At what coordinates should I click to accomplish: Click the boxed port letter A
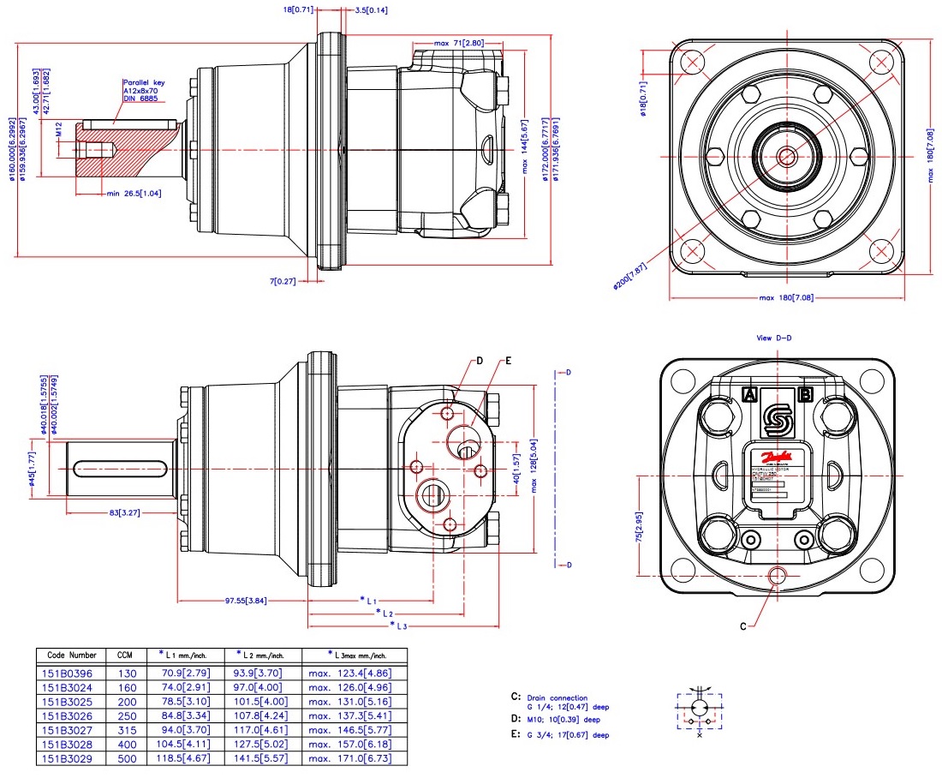[749, 395]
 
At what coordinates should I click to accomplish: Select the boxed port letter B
[805, 395]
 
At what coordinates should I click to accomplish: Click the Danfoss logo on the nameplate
[778, 458]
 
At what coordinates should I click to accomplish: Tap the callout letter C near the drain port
[743, 626]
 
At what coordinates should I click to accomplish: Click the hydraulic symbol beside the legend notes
[701, 710]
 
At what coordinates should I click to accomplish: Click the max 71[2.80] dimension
[459, 42]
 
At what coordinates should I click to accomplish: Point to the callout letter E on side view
[508, 362]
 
